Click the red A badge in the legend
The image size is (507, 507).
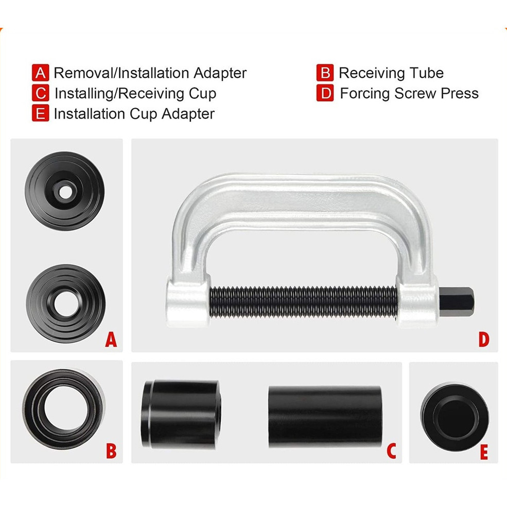tap(41, 73)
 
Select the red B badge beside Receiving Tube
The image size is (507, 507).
tap(325, 73)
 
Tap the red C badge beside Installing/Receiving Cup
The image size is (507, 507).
tap(41, 93)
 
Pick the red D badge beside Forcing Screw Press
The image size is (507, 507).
tap(325, 93)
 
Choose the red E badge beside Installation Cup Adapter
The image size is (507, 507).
tap(41, 113)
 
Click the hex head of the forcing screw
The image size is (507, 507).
tap(456, 301)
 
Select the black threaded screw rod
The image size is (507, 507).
tap(303, 301)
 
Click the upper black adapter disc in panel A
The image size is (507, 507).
tap(65, 191)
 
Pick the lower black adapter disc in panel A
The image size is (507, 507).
tap(66, 304)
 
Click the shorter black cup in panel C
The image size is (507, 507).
tap(181, 414)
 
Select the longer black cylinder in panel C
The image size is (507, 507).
tap(325, 416)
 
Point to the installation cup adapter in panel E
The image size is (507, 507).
tap(454, 417)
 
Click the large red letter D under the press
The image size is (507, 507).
tap(484, 340)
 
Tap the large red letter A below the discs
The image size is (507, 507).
tap(111, 340)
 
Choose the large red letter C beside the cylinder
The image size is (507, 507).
tap(391, 451)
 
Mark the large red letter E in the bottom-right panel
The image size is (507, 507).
tap(484, 452)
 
